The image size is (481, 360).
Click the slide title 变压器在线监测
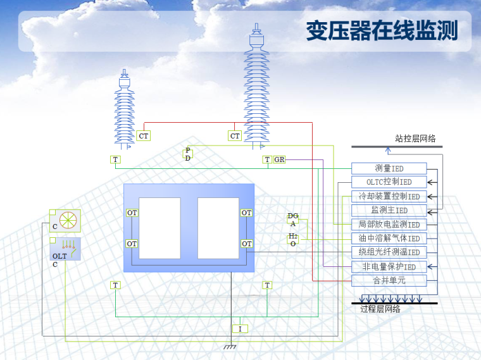(x=381, y=30)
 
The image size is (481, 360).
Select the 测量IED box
(x=389, y=168)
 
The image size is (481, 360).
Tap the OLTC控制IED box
(x=389, y=182)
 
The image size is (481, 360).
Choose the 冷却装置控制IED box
(x=389, y=196)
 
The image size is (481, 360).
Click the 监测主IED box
(x=389, y=210)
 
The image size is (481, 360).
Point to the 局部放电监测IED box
(x=389, y=224)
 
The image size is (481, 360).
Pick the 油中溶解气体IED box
(x=389, y=238)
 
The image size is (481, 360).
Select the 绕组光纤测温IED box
(x=389, y=252)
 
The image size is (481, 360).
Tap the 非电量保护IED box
(x=389, y=266)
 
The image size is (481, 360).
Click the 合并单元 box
(x=389, y=280)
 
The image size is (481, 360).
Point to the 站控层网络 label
(x=415, y=138)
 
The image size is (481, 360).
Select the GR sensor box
(x=279, y=159)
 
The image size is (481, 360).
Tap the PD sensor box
(x=188, y=154)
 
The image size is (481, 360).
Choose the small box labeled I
(x=240, y=329)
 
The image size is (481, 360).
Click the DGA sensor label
(x=293, y=220)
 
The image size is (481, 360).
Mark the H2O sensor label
(x=293, y=239)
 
